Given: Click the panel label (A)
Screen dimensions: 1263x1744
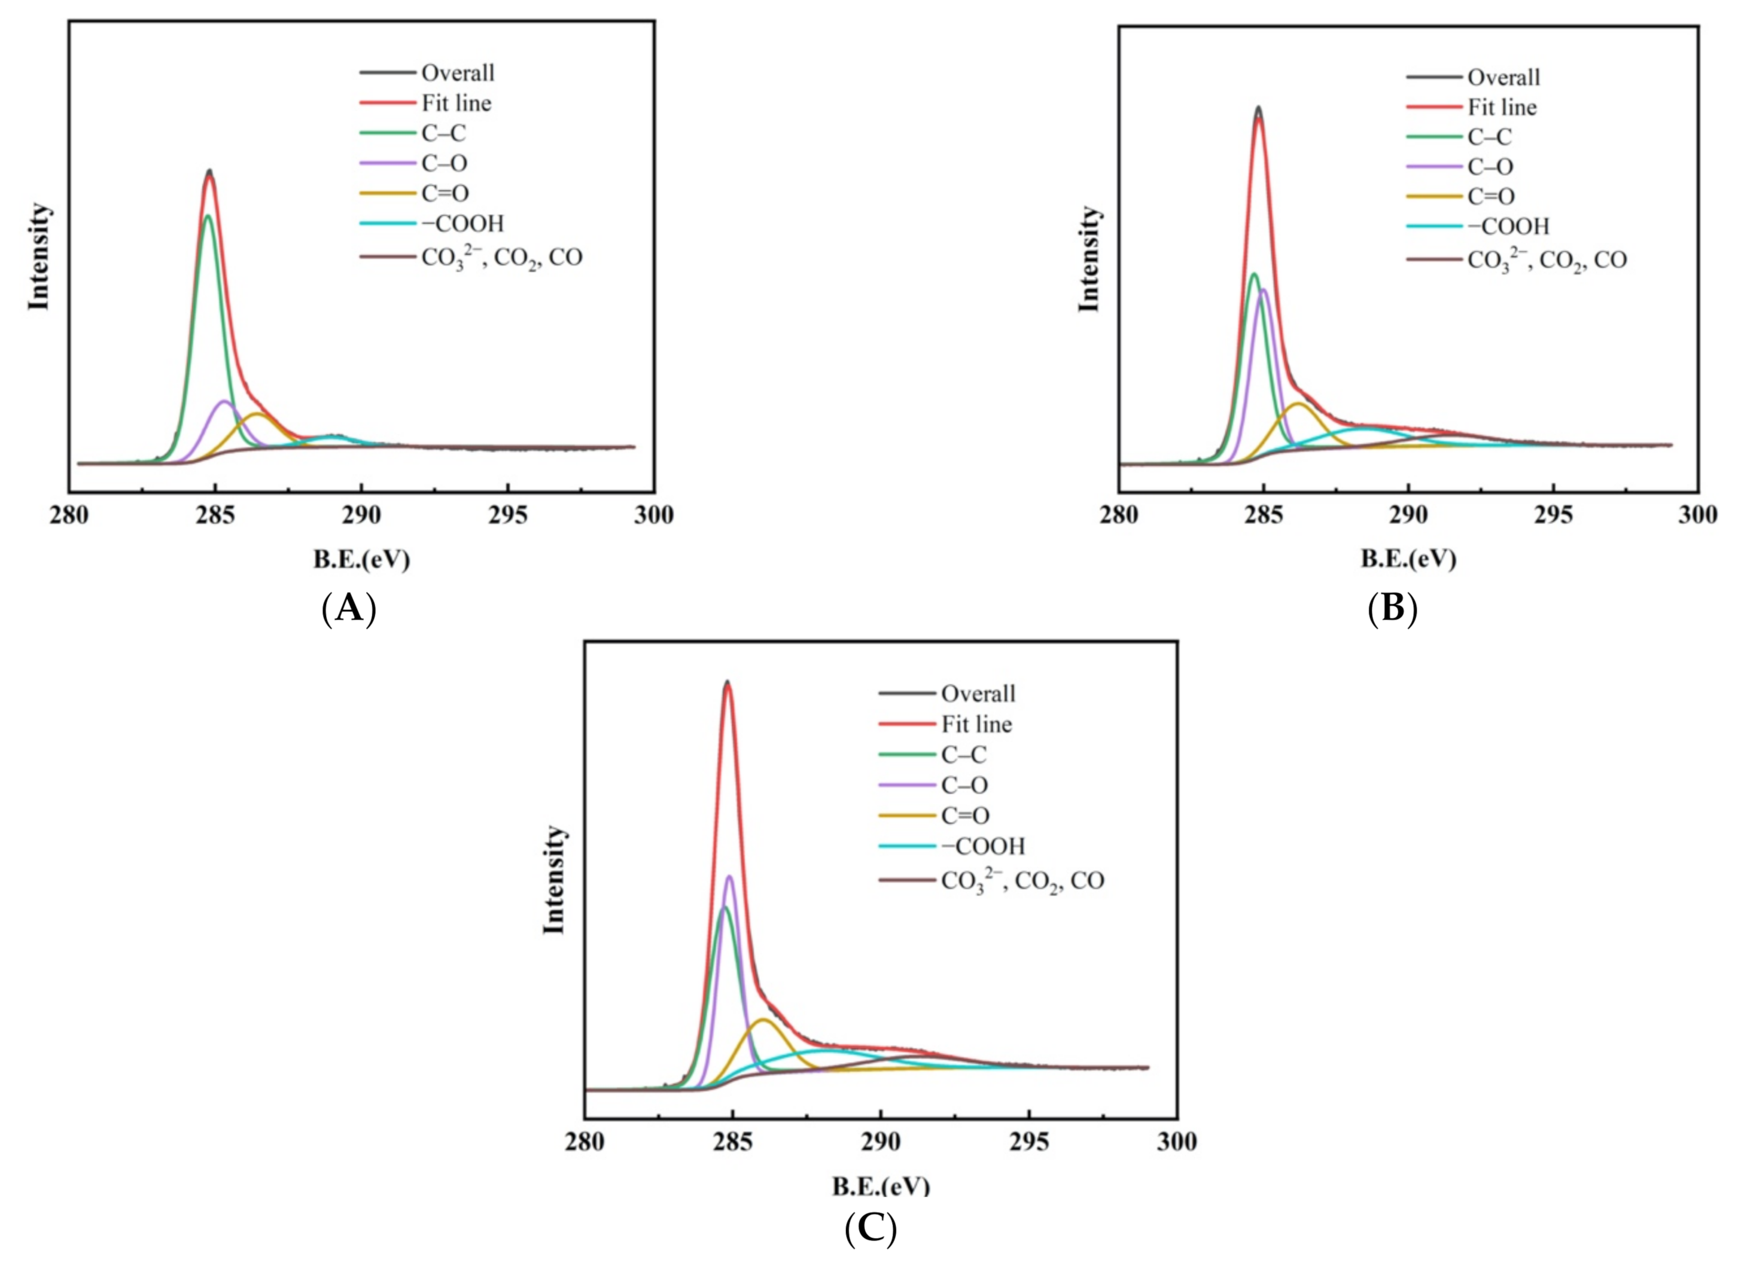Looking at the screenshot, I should point(349,609).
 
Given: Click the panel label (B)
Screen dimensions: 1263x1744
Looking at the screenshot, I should point(1393,608).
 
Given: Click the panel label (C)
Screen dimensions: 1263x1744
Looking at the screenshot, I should point(871,1228).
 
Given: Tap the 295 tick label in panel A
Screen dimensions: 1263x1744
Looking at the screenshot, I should point(507,515).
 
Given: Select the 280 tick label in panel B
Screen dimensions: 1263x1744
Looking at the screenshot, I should point(1119,515).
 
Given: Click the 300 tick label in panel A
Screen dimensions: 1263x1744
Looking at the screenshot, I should point(653,515).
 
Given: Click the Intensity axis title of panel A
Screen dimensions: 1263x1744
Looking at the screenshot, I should point(38,257).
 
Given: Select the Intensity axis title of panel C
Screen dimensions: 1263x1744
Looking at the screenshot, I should point(553,880).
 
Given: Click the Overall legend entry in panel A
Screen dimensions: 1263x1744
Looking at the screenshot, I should point(458,73).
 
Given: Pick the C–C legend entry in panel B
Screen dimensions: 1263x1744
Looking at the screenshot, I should point(1490,137).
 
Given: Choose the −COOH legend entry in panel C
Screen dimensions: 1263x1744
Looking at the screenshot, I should point(983,846).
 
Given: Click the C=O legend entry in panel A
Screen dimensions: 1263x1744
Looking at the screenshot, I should point(445,194).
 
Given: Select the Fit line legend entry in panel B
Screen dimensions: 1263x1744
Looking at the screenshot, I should point(1502,107).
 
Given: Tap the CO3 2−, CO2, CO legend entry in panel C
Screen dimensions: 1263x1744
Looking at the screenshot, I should point(1022,880).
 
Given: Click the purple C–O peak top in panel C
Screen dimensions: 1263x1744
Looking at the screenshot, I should point(729,876).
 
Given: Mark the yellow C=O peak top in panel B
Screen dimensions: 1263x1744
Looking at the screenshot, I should point(1298,404).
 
